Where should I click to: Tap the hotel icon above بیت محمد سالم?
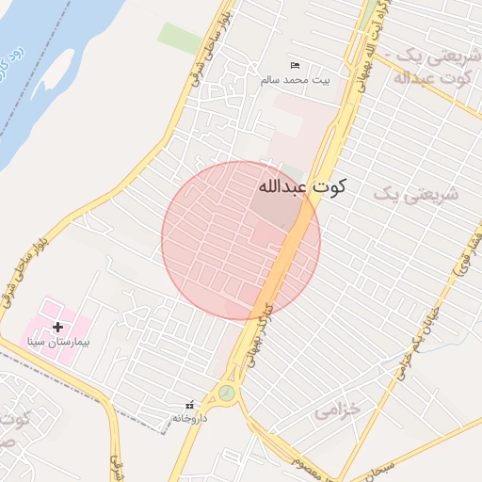tap(296, 65)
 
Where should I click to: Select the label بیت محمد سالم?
tap(297, 82)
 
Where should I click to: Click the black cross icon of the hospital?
tap(58, 327)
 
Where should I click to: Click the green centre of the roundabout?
tap(227, 394)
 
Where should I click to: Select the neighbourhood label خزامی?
tap(338, 411)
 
